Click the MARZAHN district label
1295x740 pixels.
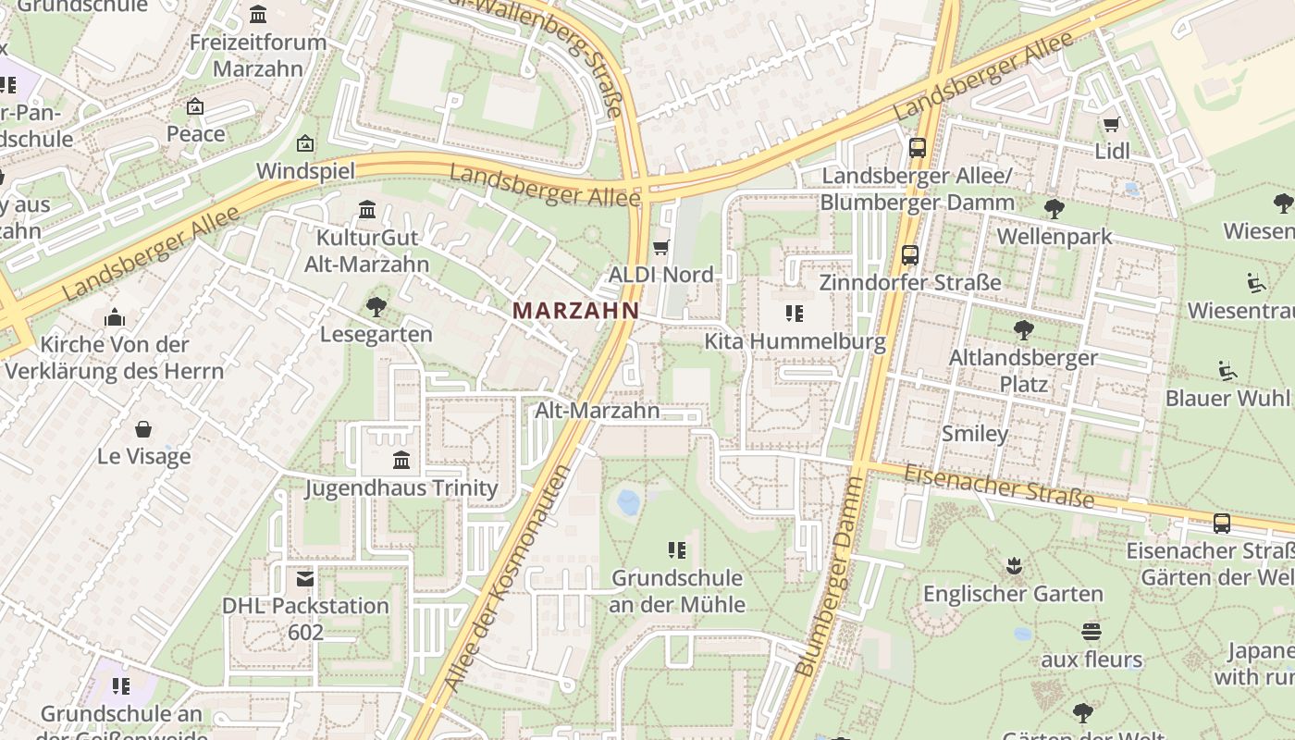575,311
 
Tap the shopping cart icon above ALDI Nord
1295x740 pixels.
660,247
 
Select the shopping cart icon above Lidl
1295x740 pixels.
1111,124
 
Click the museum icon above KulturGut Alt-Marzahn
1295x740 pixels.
367,210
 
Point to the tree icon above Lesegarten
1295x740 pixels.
376,306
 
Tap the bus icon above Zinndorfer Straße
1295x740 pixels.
910,254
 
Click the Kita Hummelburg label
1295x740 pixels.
795,341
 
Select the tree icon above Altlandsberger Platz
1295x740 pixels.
1023,329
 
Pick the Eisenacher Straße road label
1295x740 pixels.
999,487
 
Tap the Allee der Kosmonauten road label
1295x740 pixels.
506,578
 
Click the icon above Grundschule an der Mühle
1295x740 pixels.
677,551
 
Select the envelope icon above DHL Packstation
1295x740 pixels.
304,579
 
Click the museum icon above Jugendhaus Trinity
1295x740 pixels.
401,460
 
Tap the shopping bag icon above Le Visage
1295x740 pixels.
143,429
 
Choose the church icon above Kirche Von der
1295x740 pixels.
115,318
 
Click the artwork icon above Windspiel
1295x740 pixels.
305,143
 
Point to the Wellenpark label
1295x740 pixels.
1054,237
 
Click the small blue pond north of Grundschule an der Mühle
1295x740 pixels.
628,502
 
